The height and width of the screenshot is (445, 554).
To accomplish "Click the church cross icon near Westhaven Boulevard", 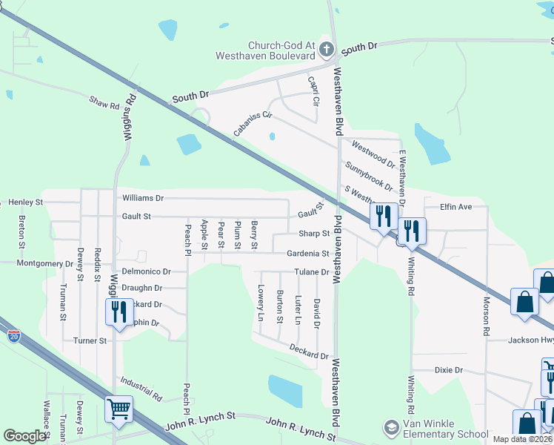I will [x=324, y=44].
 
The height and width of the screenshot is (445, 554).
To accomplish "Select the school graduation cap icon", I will [x=391, y=429].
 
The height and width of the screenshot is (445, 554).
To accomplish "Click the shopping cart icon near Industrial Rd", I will [x=119, y=407].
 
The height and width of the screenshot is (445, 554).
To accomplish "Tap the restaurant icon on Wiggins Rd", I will [x=119, y=311].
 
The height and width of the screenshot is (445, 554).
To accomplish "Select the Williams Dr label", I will [x=143, y=198].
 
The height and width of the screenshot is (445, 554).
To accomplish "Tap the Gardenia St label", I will [x=308, y=254].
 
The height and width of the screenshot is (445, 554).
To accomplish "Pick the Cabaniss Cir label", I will [x=253, y=124].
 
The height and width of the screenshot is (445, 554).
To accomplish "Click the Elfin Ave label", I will [x=455, y=207].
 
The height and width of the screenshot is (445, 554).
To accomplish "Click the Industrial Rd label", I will [x=141, y=389].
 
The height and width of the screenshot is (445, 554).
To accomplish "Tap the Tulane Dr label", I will [x=310, y=272].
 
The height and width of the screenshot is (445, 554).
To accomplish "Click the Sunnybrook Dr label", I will [x=368, y=176].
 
